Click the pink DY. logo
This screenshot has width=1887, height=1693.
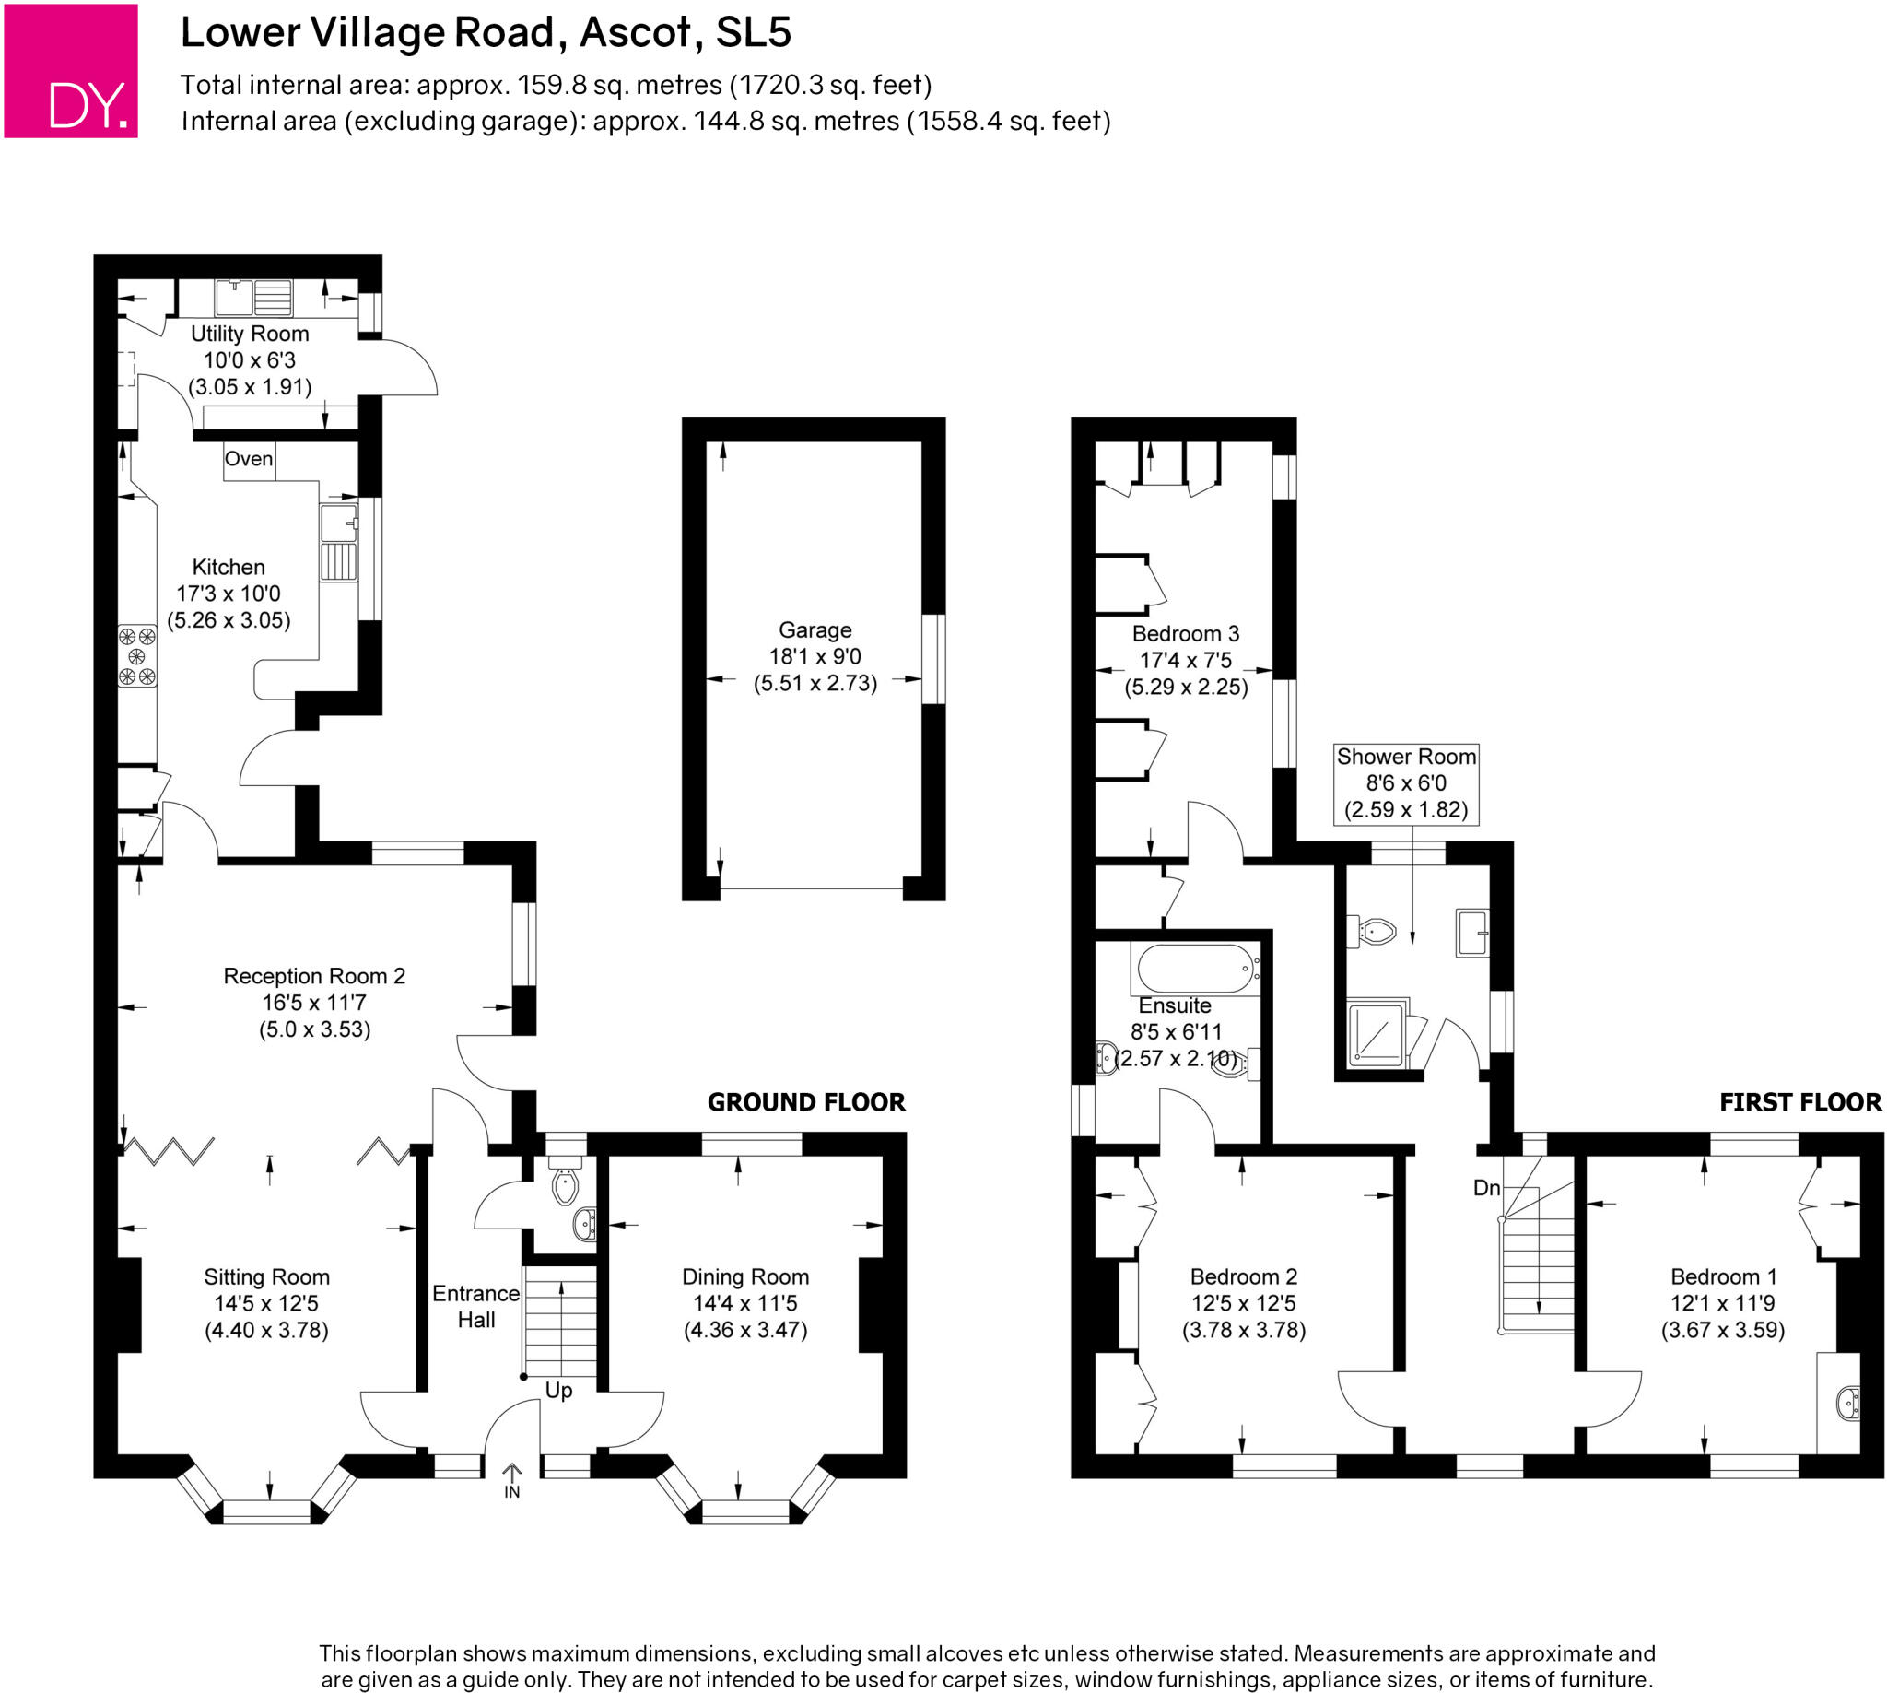click(x=71, y=71)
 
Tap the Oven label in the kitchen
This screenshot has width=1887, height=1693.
click(x=249, y=460)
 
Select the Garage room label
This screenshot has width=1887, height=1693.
click(x=815, y=629)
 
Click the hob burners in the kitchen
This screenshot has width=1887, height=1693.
click(x=137, y=656)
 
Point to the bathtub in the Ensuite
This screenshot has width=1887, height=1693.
click(x=1196, y=969)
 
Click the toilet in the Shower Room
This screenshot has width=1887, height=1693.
click(x=1376, y=930)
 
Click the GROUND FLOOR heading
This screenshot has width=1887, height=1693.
click(x=805, y=1102)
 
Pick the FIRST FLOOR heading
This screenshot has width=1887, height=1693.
click(x=1799, y=1102)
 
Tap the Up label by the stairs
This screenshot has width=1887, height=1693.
click(x=558, y=1391)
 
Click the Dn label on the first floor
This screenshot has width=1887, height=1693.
click(x=1486, y=1188)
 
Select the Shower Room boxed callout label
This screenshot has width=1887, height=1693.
click(x=1405, y=783)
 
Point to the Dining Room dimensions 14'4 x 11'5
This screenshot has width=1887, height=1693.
click(x=745, y=1303)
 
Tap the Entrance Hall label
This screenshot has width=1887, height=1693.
click(x=475, y=1306)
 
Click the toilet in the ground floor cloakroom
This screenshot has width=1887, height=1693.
click(x=565, y=1186)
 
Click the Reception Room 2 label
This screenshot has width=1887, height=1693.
click(x=314, y=976)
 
